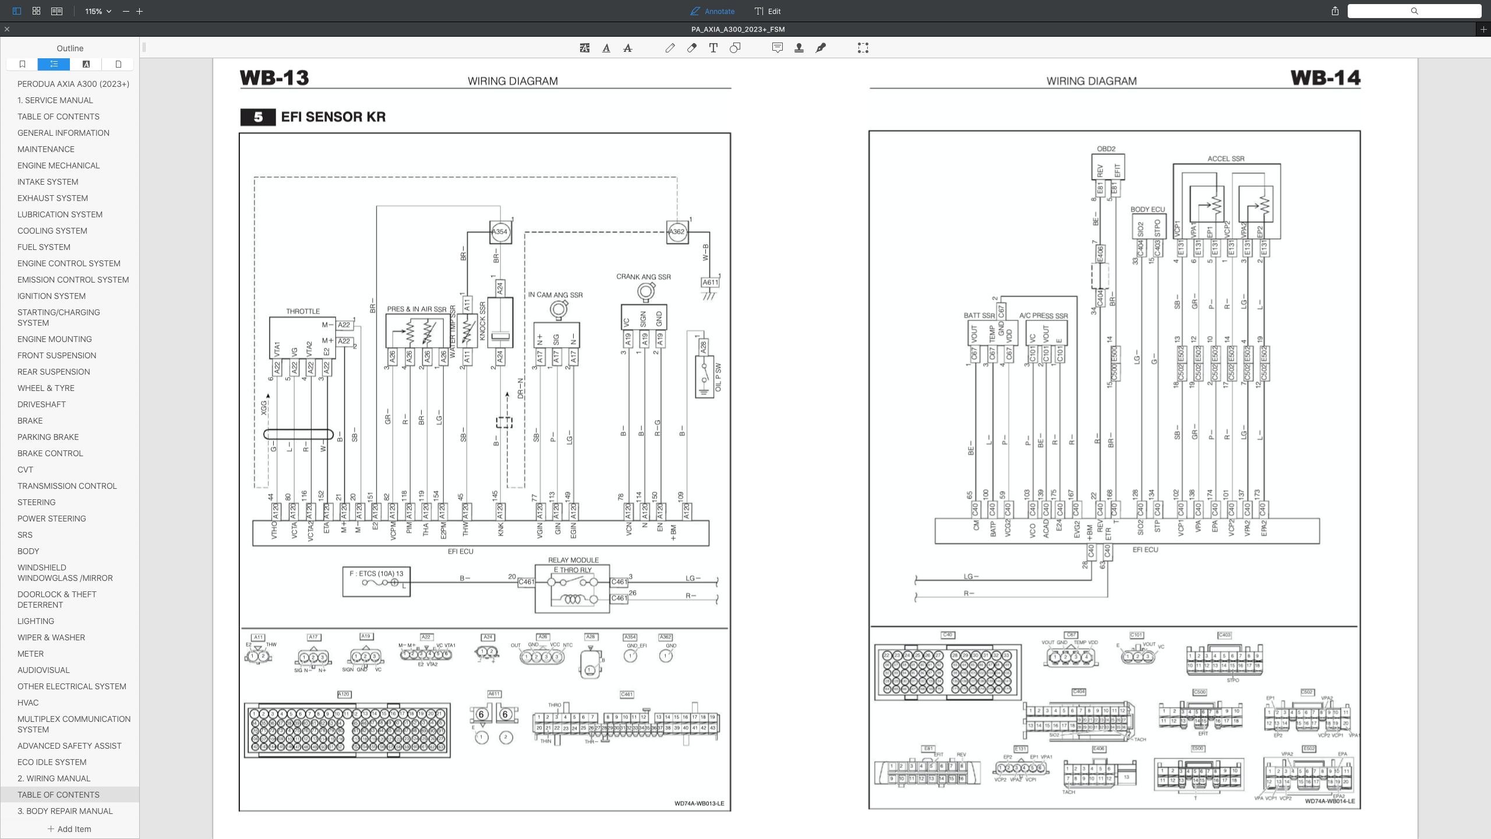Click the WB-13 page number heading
coord(274,78)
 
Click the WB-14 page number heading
coord(1325,78)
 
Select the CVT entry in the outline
coord(25,470)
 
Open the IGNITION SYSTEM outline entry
coord(51,296)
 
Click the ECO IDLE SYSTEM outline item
coord(52,762)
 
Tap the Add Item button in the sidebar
coord(69,829)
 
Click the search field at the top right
coord(1414,11)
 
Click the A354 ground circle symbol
coord(500,232)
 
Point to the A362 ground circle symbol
coord(677,232)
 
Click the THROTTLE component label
coord(303,311)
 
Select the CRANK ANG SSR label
coord(644,277)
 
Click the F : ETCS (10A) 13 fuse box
coord(376,581)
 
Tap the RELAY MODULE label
coord(573,560)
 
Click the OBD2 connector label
coord(1106,149)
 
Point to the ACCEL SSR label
coord(1226,158)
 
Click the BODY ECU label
coord(1147,209)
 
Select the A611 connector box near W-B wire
coord(710,283)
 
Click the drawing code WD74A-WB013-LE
coord(699,803)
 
